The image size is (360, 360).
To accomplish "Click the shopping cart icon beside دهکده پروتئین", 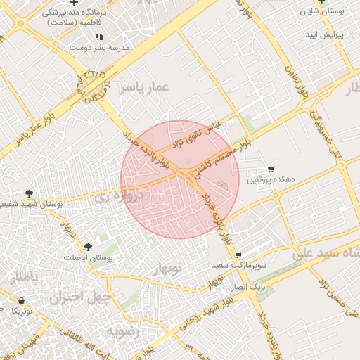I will [271, 169].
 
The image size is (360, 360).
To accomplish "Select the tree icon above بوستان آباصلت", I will [88, 247].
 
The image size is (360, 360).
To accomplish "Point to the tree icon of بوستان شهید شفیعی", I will [29, 193].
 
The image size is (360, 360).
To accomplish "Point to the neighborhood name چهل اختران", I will [80, 297].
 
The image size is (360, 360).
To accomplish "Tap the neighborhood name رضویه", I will [125, 330].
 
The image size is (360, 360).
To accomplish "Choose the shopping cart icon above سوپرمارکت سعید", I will [238, 255].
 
